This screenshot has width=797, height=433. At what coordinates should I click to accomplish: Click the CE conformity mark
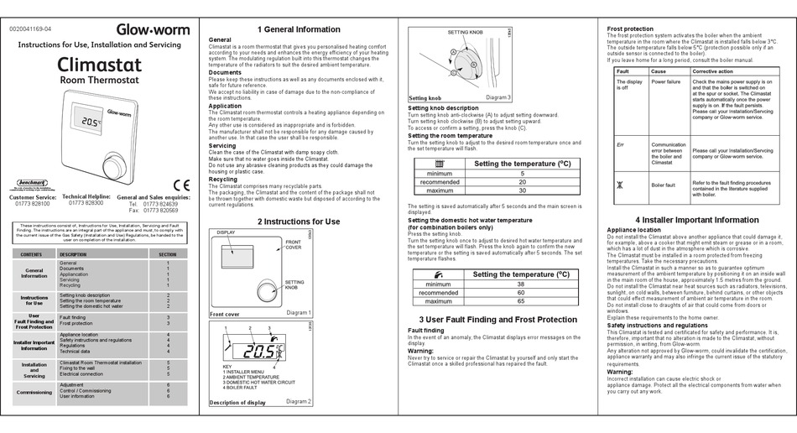tap(181, 185)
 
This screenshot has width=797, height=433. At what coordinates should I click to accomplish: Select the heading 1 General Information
tap(299, 29)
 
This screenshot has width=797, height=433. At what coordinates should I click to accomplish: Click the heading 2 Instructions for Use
tap(299, 222)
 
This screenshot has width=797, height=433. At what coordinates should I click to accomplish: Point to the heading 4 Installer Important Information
tap(696, 220)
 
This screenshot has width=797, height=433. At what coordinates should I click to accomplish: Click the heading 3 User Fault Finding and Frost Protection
tap(497, 320)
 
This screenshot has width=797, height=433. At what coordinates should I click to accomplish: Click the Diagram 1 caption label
tap(298, 313)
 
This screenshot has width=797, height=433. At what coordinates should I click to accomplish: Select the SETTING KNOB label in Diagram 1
tap(294, 284)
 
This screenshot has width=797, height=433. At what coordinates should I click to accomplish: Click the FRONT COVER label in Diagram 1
tap(293, 244)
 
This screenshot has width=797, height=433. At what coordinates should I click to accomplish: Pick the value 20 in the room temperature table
tap(522, 182)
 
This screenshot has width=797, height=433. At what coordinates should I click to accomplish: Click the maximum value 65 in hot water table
tap(521, 301)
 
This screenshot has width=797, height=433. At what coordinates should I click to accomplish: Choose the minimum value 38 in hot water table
tap(521, 284)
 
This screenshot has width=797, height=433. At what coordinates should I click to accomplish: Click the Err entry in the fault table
tap(622, 145)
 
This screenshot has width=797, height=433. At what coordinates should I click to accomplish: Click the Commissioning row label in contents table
tap(34, 391)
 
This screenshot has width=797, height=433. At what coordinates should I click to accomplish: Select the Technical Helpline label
tap(86, 196)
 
